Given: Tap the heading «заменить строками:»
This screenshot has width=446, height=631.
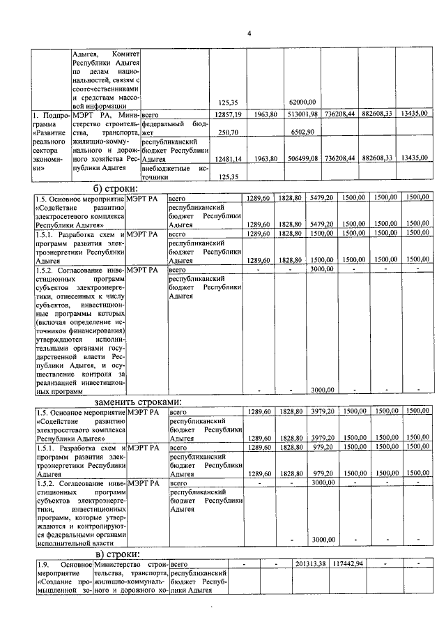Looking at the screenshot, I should (x=139, y=402).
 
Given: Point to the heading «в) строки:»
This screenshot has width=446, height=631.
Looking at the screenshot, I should (x=115, y=552).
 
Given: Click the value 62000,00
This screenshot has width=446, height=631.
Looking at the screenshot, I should (x=303, y=102).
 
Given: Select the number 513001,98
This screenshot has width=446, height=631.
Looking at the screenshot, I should (x=303, y=114).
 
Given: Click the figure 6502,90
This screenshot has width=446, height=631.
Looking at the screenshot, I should (x=303, y=132).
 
